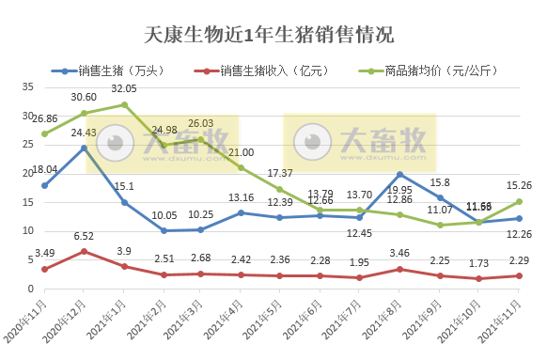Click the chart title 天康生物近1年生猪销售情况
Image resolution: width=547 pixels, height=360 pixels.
(270, 36)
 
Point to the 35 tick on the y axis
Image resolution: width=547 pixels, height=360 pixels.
(27, 86)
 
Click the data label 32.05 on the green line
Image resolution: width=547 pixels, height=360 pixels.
(124, 88)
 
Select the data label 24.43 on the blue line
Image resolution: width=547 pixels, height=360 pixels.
(85, 133)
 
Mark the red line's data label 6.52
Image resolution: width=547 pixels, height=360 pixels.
(85, 237)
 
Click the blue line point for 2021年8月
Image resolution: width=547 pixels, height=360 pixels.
(400, 175)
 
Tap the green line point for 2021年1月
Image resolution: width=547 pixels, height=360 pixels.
(124, 104)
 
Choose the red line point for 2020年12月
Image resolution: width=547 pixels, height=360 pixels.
(85, 251)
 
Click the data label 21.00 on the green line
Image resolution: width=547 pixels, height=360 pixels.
(242, 152)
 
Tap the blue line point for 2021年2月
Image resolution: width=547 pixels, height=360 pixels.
(164, 230)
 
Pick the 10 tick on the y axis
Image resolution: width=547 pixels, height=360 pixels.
(27, 230)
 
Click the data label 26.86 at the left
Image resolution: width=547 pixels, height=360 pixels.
(45, 119)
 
